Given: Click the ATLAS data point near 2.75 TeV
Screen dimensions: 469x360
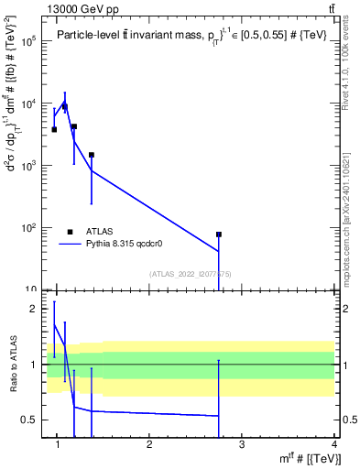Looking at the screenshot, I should [x=219, y=234].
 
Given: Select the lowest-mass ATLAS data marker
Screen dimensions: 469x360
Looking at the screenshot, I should [x=54, y=129].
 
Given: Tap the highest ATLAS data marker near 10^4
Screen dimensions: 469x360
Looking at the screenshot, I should [x=64, y=107].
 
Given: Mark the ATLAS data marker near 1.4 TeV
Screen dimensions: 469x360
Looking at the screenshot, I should [x=92, y=155].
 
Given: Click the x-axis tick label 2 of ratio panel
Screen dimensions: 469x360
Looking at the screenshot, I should [x=149, y=444].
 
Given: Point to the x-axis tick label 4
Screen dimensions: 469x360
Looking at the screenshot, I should [x=333, y=444].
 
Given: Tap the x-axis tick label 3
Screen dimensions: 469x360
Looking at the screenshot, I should [x=242, y=444].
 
